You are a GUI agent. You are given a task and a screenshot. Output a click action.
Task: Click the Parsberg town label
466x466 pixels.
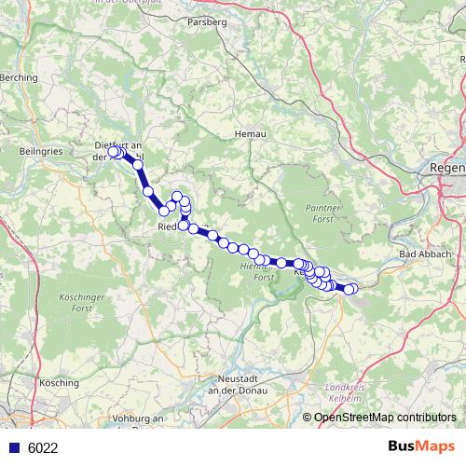(x=207, y=21)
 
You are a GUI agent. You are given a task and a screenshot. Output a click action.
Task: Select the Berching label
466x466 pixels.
(x=21, y=78)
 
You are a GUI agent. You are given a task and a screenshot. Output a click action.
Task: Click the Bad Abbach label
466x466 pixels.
(x=424, y=254)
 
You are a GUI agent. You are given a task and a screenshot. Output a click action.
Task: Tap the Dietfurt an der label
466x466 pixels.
(x=118, y=151)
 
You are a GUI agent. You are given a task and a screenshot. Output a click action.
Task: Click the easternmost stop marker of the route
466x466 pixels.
(x=350, y=290)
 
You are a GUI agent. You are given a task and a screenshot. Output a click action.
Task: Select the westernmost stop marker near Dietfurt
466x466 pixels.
(x=113, y=151)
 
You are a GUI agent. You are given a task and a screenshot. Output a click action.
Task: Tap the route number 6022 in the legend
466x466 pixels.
(x=43, y=448)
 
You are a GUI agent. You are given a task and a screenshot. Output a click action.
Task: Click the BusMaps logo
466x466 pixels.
(x=421, y=446)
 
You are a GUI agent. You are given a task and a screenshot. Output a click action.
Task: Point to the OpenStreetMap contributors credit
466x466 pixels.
(x=384, y=418)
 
